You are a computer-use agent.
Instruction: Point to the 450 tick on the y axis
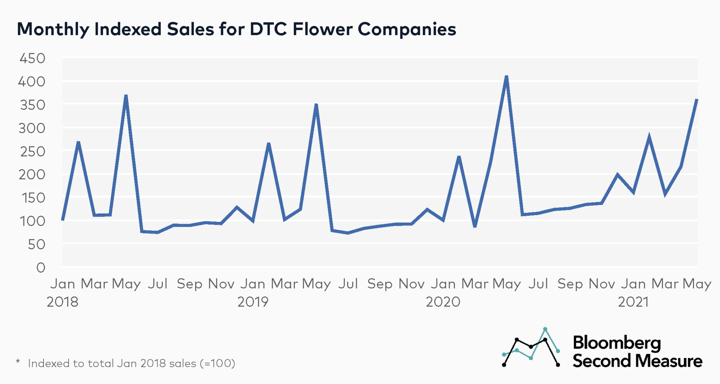32,58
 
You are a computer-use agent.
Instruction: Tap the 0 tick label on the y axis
41,268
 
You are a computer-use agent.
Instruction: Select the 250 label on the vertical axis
32,152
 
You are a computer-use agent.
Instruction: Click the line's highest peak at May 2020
506,77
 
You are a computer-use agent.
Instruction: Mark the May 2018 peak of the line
126,96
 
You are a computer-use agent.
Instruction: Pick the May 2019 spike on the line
316,105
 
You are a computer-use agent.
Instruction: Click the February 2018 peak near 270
78,142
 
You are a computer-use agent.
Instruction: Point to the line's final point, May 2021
697,100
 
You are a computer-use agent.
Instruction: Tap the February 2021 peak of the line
649,136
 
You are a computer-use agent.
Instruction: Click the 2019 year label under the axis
253,302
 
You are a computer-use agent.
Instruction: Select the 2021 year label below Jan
633,302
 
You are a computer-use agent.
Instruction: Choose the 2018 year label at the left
63,302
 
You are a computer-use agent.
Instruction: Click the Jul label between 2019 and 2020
348,283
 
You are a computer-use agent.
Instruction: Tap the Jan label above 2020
443,283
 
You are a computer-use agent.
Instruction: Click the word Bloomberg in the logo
617,343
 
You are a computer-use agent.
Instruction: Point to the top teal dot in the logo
545,329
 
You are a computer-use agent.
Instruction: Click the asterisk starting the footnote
18,361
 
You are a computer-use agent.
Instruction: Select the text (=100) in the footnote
217,363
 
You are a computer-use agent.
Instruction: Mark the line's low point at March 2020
475,226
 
